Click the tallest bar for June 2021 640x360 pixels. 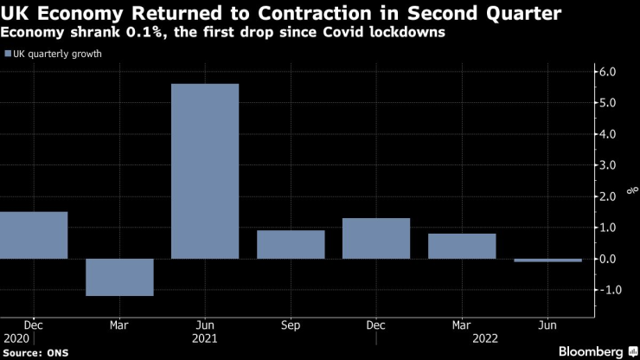pyautogui.click(x=205, y=170)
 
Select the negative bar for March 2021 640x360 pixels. pyautogui.click(x=119, y=277)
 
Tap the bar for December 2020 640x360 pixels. pyautogui.click(x=34, y=235)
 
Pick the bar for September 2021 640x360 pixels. pyautogui.click(x=291, y=244)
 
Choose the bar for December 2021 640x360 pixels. pyautogui.click(x=376, y=238)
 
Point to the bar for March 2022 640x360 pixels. pyautogui.click(x=462, y=246)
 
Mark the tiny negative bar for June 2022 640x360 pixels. pyautogui.click(x=547, y=260)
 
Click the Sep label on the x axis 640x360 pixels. pyautogui.click(x=291, y=325)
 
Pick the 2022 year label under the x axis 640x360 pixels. pyautogui.click(x=463, y=339)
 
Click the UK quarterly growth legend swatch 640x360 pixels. pyautogui.click(x=8, y=54)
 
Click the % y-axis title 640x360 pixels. pyautogui.click(x=627, y=196)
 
